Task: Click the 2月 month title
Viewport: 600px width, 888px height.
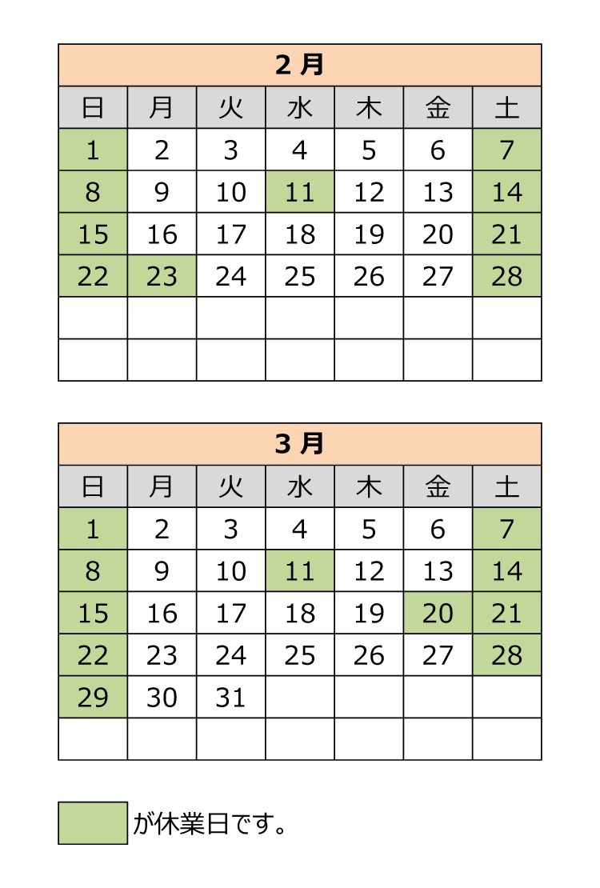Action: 300,65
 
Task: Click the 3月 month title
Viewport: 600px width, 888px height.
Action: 300,444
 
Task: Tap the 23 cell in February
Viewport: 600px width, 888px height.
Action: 162,276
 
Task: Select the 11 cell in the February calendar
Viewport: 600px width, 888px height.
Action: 300,192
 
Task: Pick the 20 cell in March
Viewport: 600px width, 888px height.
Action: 438,613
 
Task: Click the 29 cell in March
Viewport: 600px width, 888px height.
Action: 93,697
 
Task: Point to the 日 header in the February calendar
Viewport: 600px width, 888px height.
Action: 93,107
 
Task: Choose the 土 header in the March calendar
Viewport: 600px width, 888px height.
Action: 506,486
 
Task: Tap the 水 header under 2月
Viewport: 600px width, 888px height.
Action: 300,107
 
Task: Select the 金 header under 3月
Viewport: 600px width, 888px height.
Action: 438,486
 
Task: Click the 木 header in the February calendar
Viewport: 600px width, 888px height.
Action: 369,107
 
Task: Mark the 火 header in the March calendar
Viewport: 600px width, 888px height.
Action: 230,486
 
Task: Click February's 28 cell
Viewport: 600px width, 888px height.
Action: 506,276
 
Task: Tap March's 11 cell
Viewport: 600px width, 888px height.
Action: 300,571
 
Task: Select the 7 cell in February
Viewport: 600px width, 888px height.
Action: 506,150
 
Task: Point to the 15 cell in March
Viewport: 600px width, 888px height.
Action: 93,613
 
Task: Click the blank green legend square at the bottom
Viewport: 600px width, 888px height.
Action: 93,822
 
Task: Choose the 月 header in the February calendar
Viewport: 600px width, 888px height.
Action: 162,107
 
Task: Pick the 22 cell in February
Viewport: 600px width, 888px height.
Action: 93,276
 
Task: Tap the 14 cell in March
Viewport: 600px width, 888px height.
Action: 506,571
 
